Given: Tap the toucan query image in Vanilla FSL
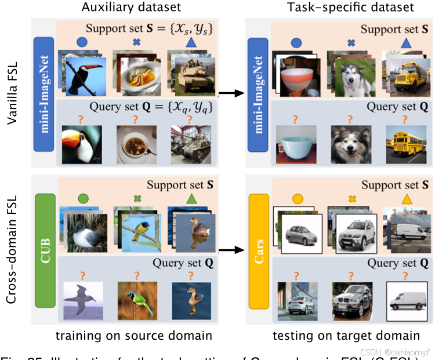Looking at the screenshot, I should click(82, 145).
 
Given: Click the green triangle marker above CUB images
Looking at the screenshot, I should click(190, 199).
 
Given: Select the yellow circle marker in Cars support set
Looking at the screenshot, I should click(296, 199).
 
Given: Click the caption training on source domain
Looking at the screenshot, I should click(133, 336).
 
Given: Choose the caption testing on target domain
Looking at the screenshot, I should click(346, 336).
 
